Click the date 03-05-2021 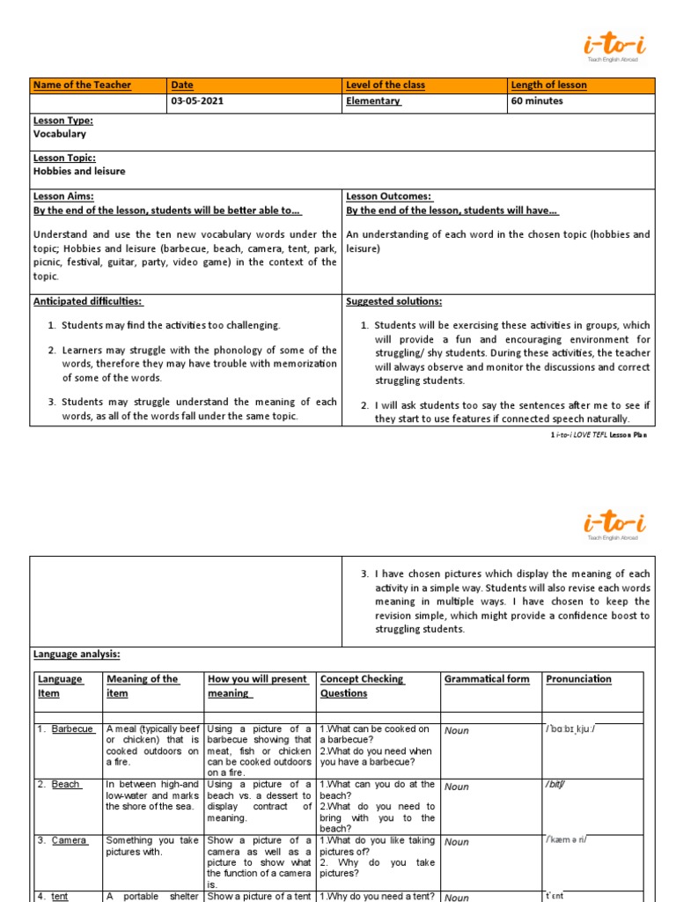pyautogui.click(x=197, y=101)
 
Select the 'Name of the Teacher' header pyautogui.click(x=82, y=85)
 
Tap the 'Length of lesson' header pyautogui.click(x=549, y=85)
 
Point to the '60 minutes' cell pyautogui.click(x=537, y=101)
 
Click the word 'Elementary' pyautogui.click(x=373, y=101)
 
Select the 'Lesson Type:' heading pyautogui.click(x=63, y=121)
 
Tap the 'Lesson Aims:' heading pyautogui.click(x=63, y=196)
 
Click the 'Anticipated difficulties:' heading pyautogui.click(x=88, y=301)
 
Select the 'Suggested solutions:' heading pyautogui.click(x=394, y=301)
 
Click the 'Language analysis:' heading pyautogui.click(x=77, y=654)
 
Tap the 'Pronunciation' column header pyautogui.click(x=578, y=679)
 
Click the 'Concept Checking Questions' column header pyautogui.click(x=362, y=686)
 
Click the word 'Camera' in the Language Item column pyautogui.click(x=69, y=840)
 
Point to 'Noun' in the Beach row pyautogui.click(x=457, y=787)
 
